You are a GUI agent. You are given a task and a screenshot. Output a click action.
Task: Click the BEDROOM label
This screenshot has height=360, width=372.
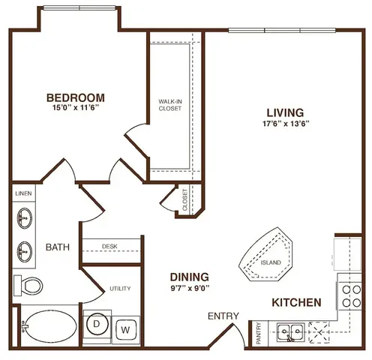pos(75,97)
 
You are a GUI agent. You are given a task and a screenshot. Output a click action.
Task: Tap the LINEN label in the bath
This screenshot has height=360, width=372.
pos(22,193)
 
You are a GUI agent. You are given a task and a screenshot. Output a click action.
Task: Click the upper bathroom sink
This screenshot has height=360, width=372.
pos(24,219)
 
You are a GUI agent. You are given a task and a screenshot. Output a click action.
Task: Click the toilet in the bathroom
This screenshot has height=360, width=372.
pos(28,285)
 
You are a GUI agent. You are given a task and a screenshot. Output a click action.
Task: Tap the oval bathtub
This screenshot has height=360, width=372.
pos(46,328)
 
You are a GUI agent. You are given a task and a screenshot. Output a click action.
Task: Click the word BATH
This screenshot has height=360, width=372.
pos(58,247)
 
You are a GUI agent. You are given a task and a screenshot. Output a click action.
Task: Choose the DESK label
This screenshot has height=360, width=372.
pos(111,246)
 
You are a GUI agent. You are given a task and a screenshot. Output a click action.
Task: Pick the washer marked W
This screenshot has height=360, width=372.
pos(125,328)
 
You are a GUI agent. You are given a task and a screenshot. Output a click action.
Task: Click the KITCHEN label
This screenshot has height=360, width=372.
pos(296,302)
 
